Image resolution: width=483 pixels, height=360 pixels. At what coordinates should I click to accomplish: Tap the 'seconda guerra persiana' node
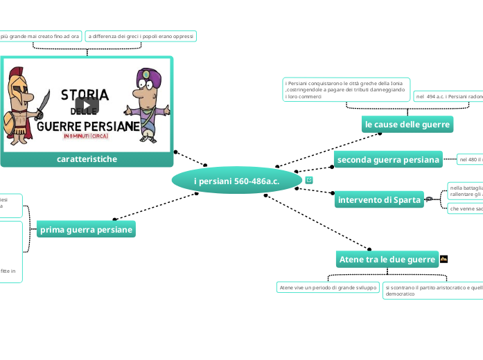[x=388, y=160]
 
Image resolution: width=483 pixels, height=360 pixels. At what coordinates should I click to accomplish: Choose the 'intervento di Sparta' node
[x=379, y=200]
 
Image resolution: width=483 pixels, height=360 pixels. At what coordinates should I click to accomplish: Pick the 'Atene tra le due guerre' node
[x=387, y=260]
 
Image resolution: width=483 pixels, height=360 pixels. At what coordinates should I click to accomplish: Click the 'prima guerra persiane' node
[x=86, y=229]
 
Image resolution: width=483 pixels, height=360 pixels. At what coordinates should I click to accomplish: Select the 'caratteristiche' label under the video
[x=87, y=159]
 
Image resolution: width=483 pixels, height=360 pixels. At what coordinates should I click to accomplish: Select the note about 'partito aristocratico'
[x=433, y=290]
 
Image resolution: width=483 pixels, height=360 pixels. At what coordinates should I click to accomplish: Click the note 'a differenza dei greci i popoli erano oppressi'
[x=141, y=35]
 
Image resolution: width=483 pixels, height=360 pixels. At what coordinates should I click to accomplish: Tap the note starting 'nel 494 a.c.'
[x=448, y=97]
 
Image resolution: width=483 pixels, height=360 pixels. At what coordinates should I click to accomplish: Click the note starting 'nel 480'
[x=470, y=160]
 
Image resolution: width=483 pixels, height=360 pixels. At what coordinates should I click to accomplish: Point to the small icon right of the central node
[x=308, y=180]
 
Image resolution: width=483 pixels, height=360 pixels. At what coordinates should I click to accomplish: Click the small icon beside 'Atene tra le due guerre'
[x=444, y=259]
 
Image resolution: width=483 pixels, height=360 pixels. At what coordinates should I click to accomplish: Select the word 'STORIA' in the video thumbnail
[x=85, y=94]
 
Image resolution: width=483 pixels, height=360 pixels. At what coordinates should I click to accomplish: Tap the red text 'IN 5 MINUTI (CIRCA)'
[x=87, y=136]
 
